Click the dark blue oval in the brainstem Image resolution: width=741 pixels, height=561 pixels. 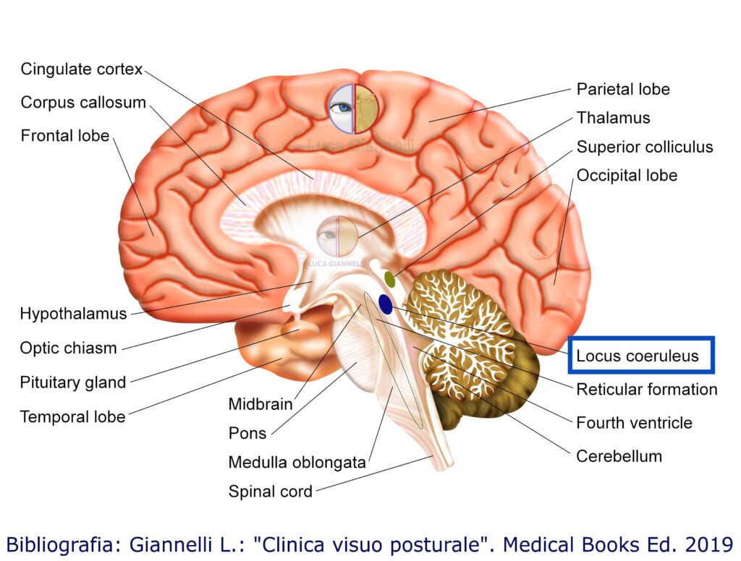point(385,304)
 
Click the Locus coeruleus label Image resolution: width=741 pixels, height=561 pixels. point(638,356)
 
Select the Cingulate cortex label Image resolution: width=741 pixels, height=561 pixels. point(82,69)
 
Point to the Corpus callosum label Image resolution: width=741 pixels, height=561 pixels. point(83,103)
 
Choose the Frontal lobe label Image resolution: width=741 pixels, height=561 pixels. point(65,136)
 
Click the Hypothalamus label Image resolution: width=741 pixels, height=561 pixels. point(73,314)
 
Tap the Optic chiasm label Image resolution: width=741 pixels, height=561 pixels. point(68,348)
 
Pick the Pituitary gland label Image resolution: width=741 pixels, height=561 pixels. point(73,382)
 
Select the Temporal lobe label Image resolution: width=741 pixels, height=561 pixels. point(72,416)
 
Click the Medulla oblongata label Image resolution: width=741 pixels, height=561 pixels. point(297,463)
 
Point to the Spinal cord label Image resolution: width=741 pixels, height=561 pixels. point(271,492)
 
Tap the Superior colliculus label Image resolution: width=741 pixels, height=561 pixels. point(645,147)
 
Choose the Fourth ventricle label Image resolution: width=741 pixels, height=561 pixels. point(634,423)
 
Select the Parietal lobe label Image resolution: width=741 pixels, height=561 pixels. point(623,90)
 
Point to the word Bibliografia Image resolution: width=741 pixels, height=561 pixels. point(55,543)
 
